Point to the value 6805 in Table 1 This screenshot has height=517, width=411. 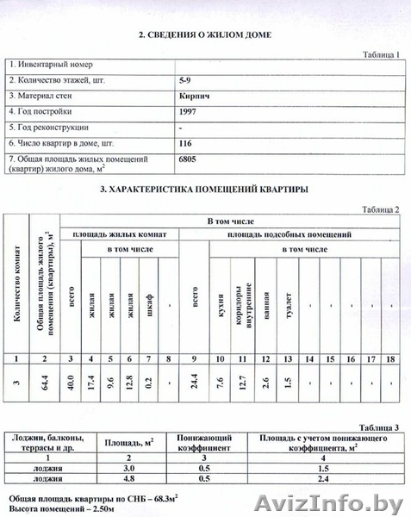click(x=186, y=159)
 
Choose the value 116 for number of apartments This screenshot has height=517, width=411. click(x=184, y=143)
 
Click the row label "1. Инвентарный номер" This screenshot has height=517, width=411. click(x=50, y=64)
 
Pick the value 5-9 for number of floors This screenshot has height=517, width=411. click(x=184, y=79)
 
